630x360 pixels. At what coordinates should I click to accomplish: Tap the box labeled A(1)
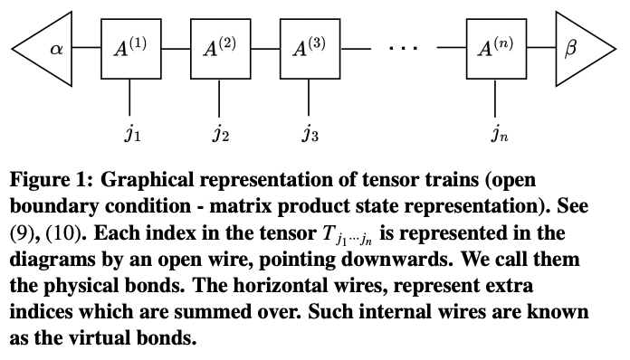tap(130, 47)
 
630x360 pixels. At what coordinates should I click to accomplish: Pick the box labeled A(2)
tap(220, 47)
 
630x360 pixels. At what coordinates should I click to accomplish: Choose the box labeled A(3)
tap(310, 47)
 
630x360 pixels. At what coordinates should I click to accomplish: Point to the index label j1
tap(131, 136)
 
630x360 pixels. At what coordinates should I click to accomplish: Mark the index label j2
tap(220, 136)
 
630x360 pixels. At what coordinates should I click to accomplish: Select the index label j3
tap(310, 136)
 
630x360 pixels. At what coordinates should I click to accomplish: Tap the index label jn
tap(497, 136)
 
